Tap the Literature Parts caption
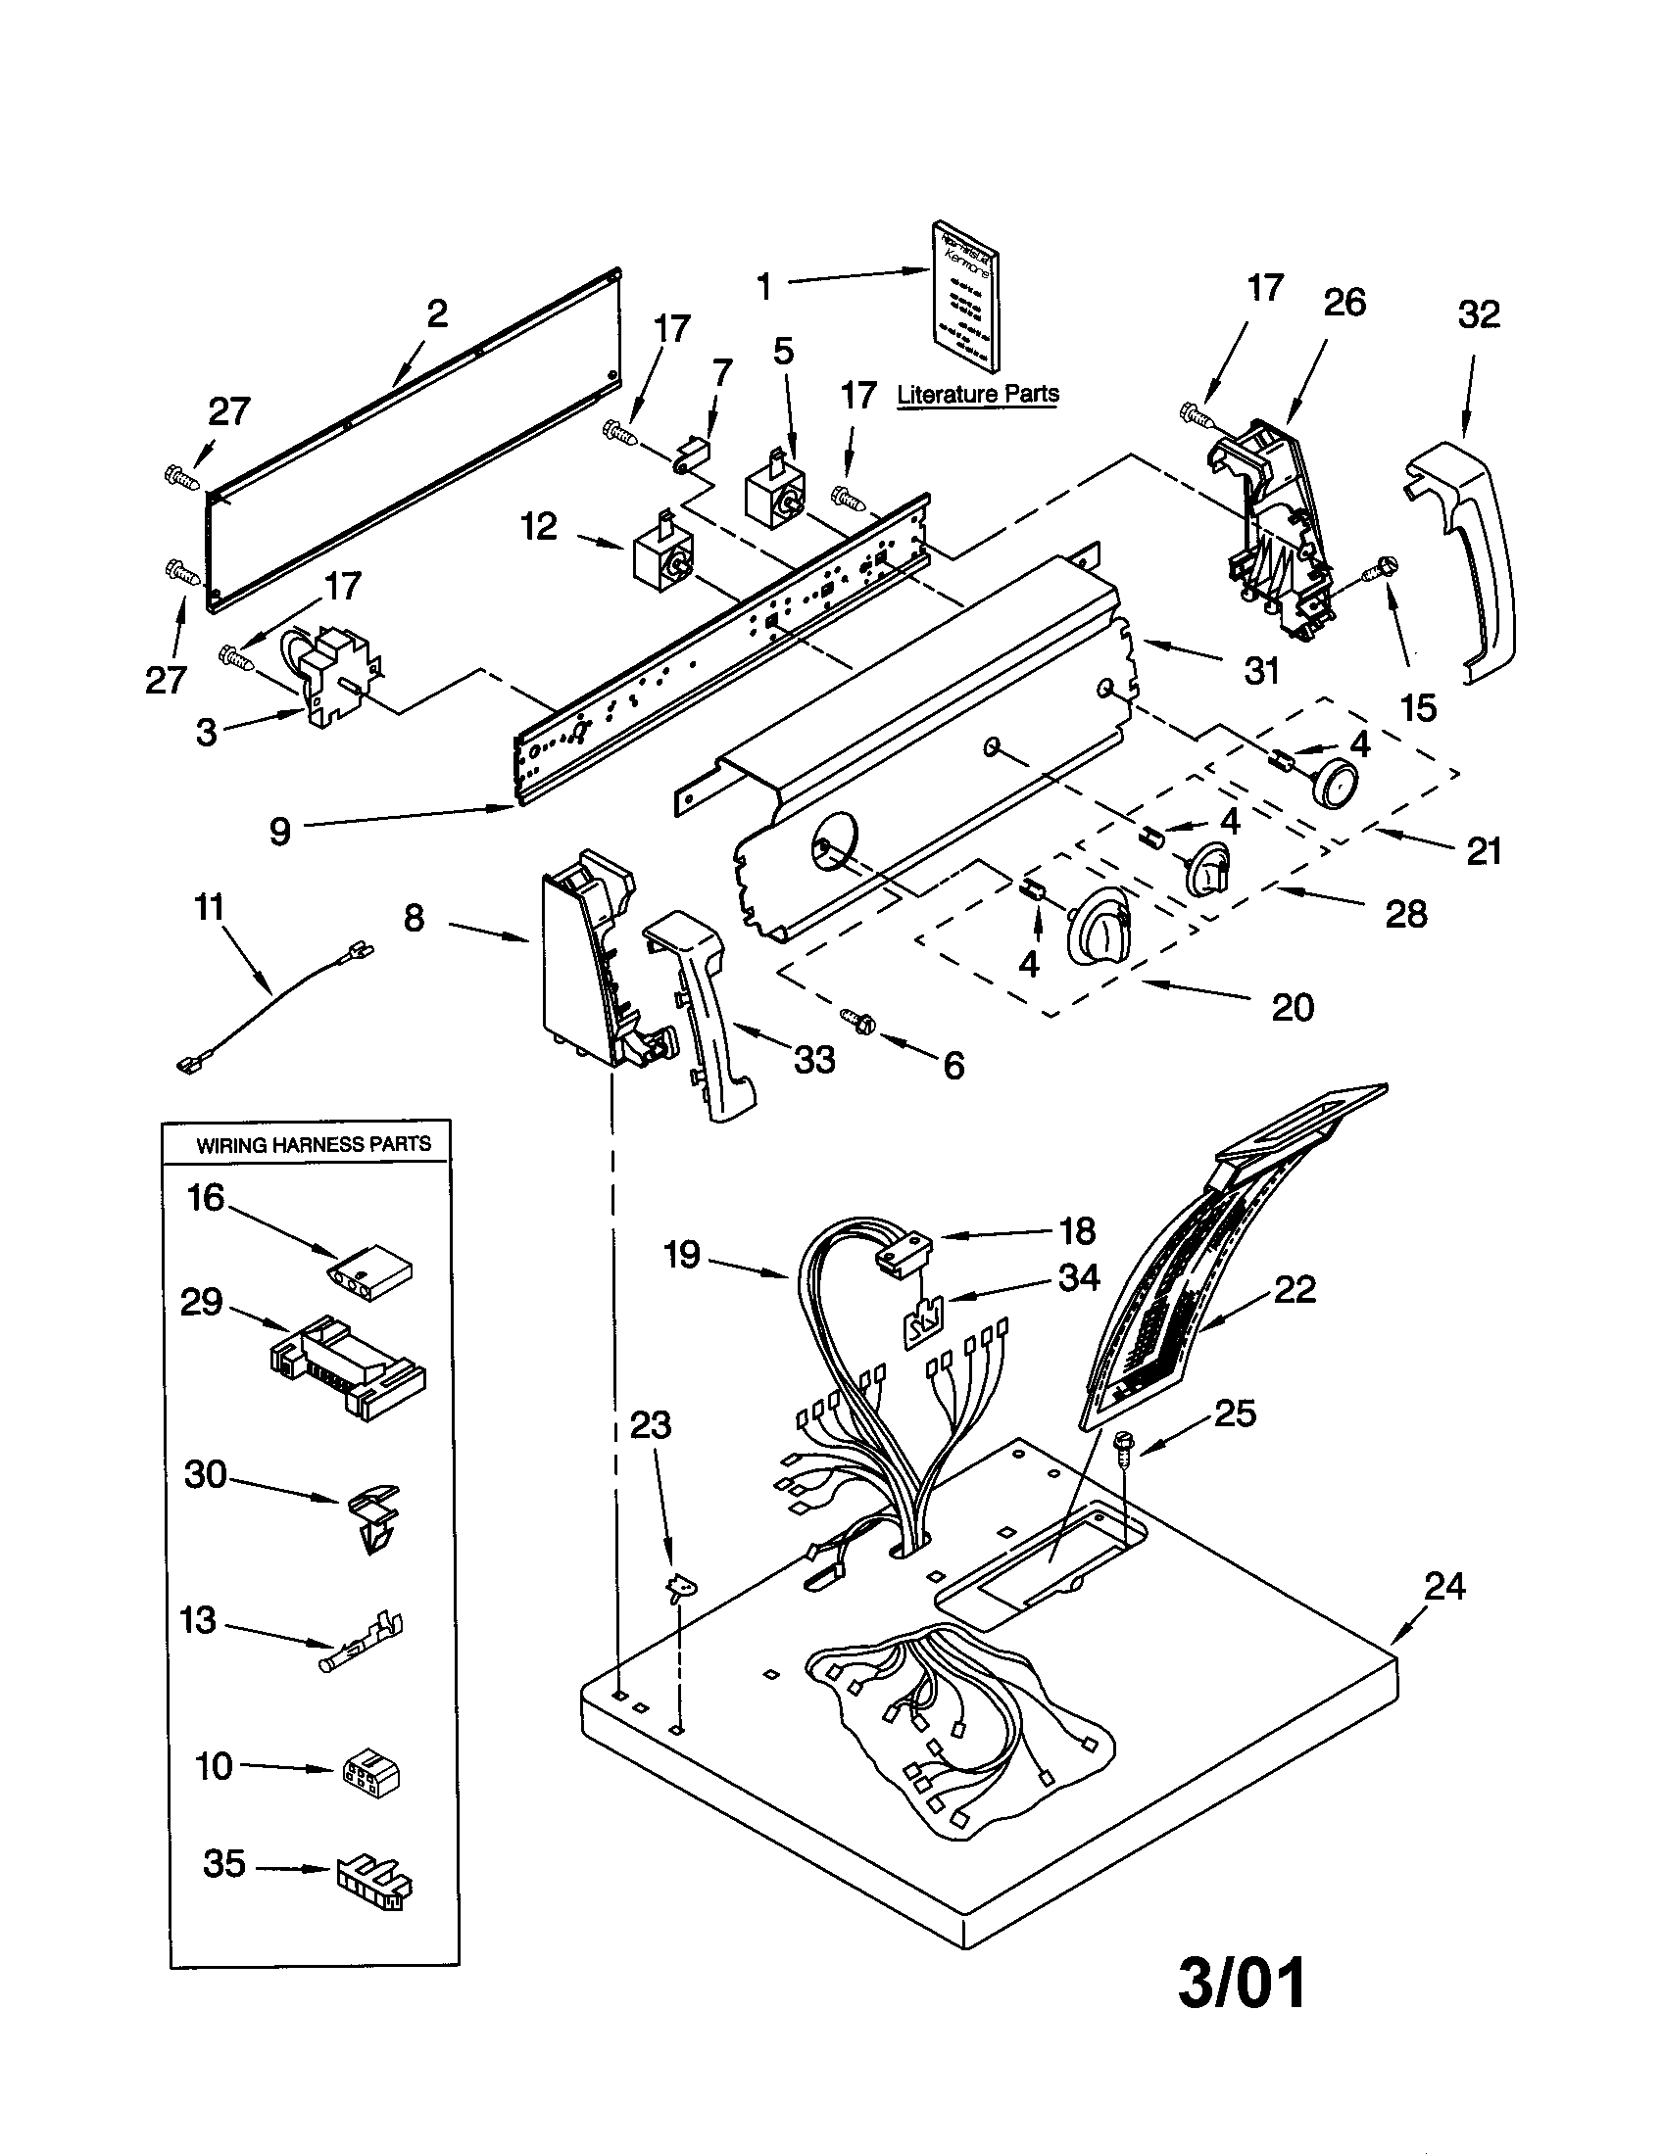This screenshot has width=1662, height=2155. pos(977,394)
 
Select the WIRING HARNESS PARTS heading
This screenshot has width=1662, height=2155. pos(314,1144)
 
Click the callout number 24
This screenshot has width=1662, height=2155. pos(1443,1586)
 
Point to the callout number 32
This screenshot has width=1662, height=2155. pos(1478,314)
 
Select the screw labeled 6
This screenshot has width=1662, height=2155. pos(857,1022)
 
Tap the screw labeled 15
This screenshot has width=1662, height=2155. pos(1381,567)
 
